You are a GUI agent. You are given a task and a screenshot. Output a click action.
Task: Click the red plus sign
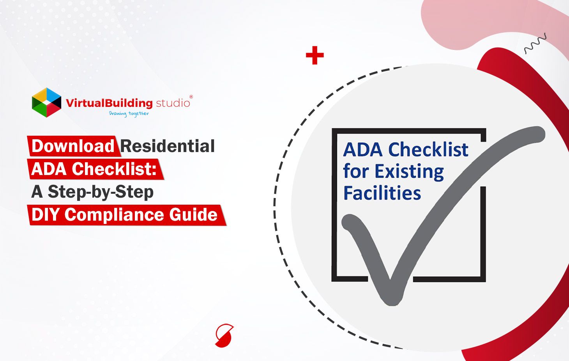[x=315, y=55]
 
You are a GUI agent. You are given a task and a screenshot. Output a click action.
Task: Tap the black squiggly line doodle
[x=535, y=44]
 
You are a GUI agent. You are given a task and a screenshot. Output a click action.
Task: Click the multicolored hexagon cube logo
[x=46, y=102]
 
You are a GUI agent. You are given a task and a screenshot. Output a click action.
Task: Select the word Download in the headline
[x=73, y=146]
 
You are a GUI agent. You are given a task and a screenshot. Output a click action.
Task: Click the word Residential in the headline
[x=168, y=146]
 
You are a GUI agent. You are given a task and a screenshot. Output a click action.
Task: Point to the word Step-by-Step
[x=101, y=192]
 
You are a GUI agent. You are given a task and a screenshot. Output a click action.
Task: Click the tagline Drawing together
[x=129, y=113]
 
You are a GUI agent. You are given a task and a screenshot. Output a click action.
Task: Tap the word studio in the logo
[x=173, y=103]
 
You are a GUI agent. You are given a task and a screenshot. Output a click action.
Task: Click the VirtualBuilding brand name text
[x=109, y=103]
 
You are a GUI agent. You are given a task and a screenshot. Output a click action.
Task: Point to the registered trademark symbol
[x=191, y=97]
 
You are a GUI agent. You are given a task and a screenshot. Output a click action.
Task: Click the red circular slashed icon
[x=224, y=335]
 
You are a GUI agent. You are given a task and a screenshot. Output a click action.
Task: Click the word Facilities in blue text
[x=382, y=193]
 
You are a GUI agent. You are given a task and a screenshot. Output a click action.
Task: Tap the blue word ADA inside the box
[x=363, y=150]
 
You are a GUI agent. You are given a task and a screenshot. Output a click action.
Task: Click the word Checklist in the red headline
[x=114, y=169]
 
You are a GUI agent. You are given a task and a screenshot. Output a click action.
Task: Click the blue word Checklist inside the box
[x=428, y=150]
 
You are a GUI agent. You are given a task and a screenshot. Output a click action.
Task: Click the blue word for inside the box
[x=355, y=172]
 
